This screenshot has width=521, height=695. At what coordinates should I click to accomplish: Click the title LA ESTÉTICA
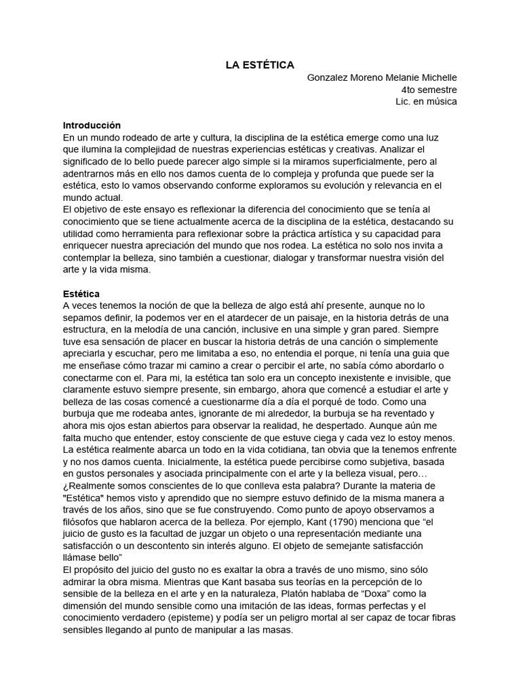(x=260, y=65)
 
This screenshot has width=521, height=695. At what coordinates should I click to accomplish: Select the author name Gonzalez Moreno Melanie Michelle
(x=382, y=77)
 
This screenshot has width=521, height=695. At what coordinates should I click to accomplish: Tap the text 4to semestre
(x=429, y=90)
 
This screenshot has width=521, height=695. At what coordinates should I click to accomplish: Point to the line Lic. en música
(x=426, y=102)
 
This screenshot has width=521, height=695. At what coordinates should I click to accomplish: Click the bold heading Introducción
(x=92, y=126)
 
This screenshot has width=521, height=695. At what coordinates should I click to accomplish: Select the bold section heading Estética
(x=81, y=294)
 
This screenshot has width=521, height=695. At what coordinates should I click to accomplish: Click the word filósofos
(x=83, y=521)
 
